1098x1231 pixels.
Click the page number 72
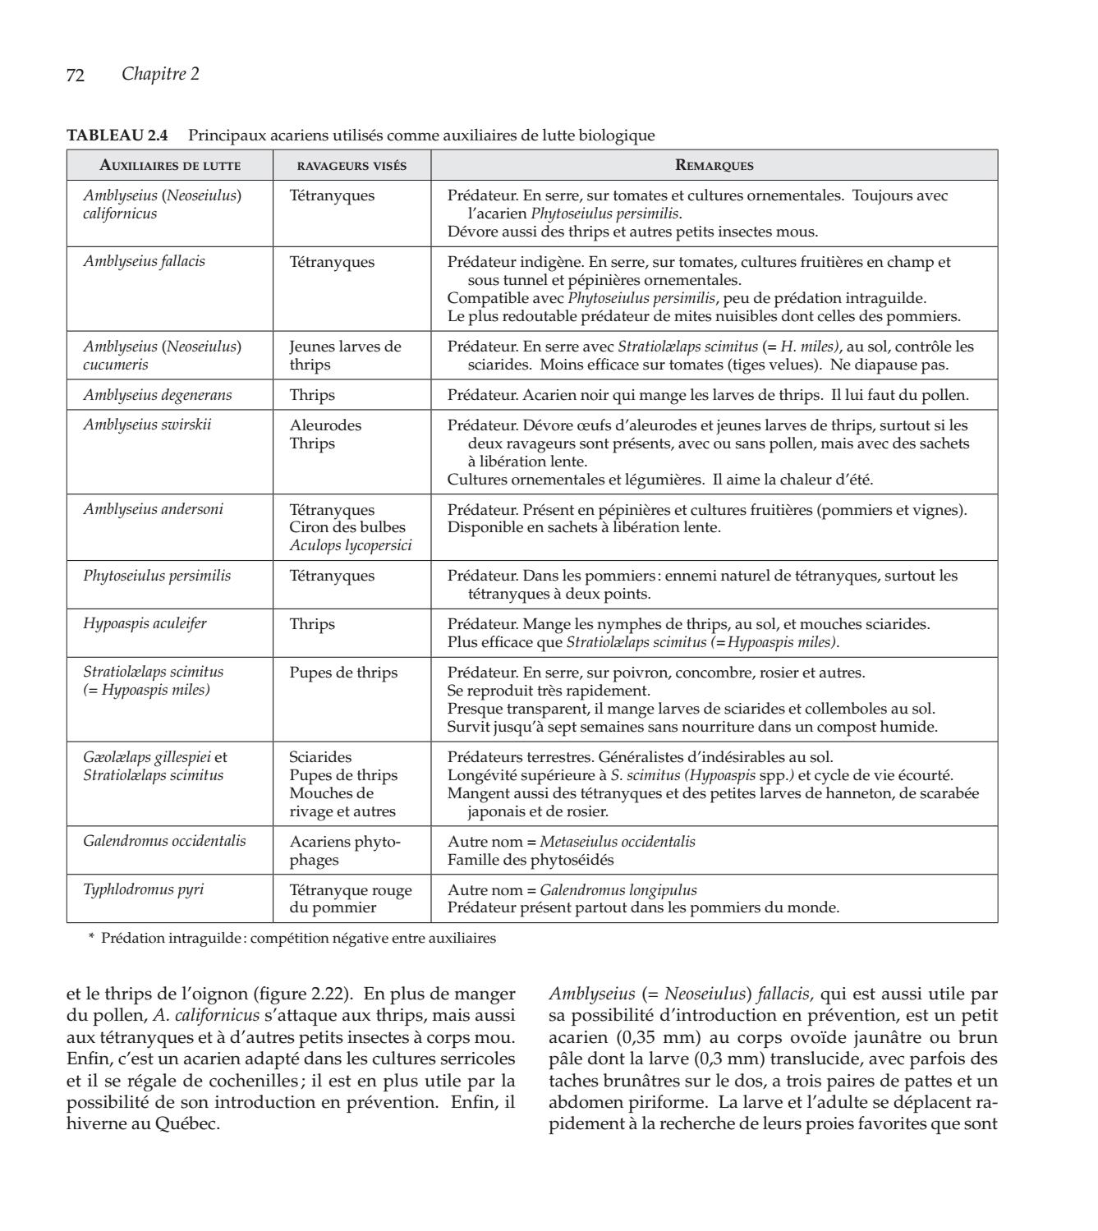pyautogui.click(x=76, y=76)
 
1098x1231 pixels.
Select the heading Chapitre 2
pyautogui.click(x=160, y=75)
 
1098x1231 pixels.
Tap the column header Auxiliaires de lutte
pyautogui.click(x=170, y=165)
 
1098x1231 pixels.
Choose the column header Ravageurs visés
pyautogui.click(x=351, y=165)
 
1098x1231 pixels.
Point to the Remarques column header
pyautogui.click(x=714, y=165)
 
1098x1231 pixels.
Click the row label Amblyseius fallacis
pyautogui.click(x=145, y=261)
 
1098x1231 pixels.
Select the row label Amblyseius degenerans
pyautogui.click(x=158, y=395)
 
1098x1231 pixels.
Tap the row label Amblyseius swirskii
pyautogui.click(x=147, y=425)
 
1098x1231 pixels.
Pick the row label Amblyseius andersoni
pyautogui.click(x=153, y=509)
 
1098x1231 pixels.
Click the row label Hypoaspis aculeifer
pyautogui.click(x=145, y=623)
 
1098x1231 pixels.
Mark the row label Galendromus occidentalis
pyautogui.click(x=164, y=841)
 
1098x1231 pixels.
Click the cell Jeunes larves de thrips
pyautogui.click(x=345, y=356)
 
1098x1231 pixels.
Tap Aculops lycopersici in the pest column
pyautogui.click(x=351, y=545)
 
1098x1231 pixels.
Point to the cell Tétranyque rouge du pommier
pyautogui.click(x=351, y=898)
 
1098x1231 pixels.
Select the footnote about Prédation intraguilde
pyautogui.click(x=292, y=939)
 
